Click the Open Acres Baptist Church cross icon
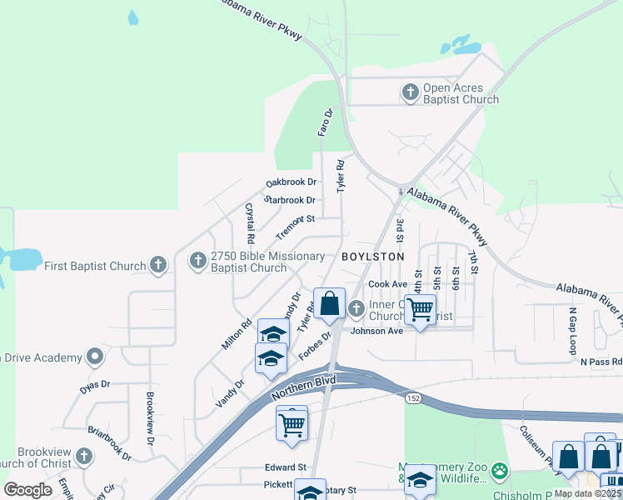(410, 92)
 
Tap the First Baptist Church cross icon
(159, 266)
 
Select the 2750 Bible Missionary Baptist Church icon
(198, 261)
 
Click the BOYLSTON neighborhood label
(372, 257)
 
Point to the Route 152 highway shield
(412, 399)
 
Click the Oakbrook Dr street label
(292, 182)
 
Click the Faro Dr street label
(325, 122)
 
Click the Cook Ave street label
(387, 284)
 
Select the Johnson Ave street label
(376, 331)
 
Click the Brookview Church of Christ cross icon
(83, 457)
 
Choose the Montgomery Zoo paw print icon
(499, 471)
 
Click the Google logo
(28, 489)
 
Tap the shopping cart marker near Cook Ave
(421, 310)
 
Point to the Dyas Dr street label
(95, 384)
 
